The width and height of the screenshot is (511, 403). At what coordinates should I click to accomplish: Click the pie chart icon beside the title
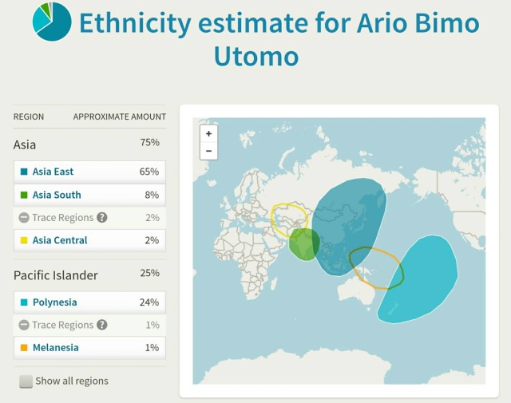click(x=52, y=22)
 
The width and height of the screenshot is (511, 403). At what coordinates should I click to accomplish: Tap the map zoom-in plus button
click(x=208, y=133)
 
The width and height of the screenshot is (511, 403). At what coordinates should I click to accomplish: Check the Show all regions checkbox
click(x=26, y=381)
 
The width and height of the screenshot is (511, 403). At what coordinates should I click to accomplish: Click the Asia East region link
click(x=53, y=172)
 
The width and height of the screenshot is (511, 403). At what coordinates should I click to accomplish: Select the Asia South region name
click(x=57, y=195)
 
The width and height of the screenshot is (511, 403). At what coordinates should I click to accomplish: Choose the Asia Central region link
click(x=60, y=240)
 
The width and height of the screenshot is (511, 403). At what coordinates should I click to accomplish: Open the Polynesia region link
click(x=55, y=302)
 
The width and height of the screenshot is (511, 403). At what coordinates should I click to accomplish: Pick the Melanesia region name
click(x=56, y=348)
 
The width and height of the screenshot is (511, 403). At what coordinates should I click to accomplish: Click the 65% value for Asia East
click(x=149, y=172)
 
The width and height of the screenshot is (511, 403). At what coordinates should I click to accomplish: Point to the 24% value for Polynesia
click(x=149, y=302)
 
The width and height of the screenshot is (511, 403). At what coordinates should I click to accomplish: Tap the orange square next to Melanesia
click(x=24, y=348)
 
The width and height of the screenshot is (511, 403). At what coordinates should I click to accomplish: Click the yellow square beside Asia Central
click(x=24, y=240)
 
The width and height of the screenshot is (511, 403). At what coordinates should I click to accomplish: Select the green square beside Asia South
click(x=24, y=195)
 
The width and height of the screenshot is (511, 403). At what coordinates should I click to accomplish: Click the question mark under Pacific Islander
click(x=102, y=325)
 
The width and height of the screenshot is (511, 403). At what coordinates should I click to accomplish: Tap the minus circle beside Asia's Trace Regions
click(x=24, y=217)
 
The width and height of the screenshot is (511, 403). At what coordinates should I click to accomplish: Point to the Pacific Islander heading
click(x=55, y=275)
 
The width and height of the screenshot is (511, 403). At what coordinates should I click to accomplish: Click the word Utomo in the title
click(x=256, y=56)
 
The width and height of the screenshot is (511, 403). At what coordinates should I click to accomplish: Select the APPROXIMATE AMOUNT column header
click(x=119, y=117)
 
